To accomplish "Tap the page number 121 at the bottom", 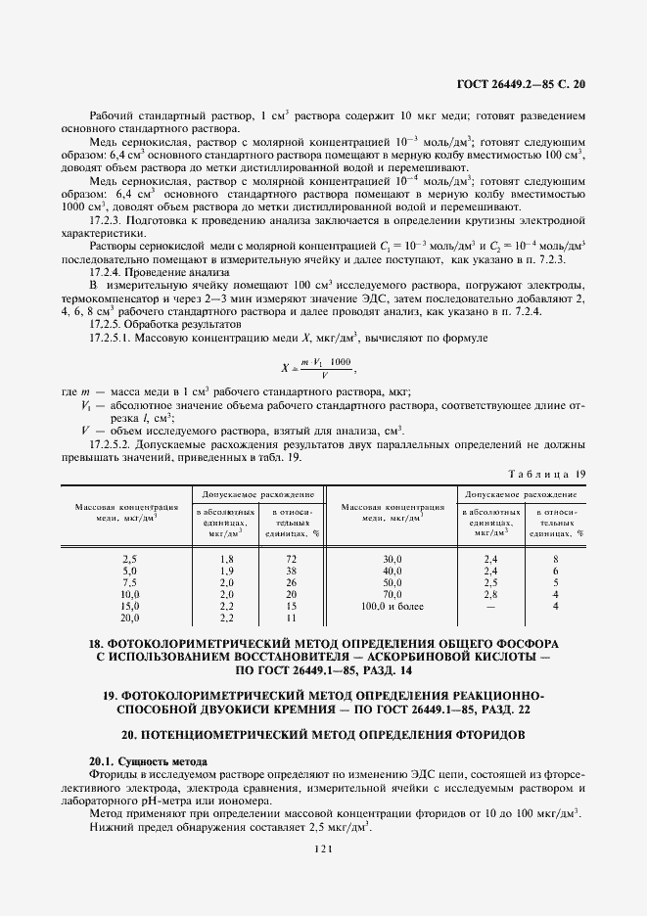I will tap(323, 850).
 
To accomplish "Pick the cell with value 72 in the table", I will tap(291, 556).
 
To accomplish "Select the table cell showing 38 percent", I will tap(291, 569).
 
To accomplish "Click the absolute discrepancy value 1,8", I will tap(226, 556).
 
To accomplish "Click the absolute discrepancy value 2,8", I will tap(490, 594).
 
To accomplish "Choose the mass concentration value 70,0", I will tap(392, 594).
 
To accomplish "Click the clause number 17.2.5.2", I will tap(113, 444).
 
